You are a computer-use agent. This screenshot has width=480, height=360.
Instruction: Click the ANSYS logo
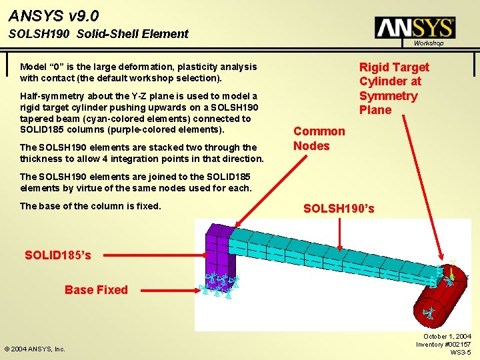coord(415,27)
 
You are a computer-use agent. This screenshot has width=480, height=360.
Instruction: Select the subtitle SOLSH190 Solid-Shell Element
coord(99,34)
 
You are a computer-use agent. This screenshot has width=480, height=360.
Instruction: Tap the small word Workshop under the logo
coord(428,43)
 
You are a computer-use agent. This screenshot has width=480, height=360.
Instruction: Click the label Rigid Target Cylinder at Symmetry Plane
coord(394,88)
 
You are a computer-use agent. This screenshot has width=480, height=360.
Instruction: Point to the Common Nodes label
coord(319,139)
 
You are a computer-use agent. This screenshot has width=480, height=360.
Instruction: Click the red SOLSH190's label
coord(339,209)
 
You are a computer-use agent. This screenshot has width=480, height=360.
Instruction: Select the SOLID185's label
coord(58,255)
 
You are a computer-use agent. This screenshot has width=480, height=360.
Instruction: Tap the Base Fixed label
coord(96,289)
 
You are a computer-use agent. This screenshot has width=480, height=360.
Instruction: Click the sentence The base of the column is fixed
coord(91,205)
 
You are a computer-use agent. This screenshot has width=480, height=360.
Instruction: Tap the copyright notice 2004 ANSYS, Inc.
coord(35,349)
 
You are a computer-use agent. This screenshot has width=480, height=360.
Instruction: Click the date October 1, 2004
coord(447,337)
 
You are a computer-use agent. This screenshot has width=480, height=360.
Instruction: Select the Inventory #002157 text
coord(443,344)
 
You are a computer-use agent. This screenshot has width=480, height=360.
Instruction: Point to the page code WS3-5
coord(461,352)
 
